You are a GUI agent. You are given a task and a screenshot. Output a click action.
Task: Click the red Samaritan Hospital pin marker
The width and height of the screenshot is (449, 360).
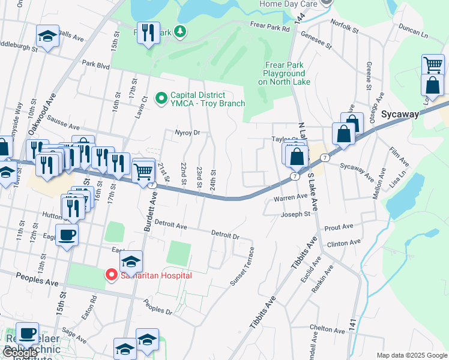111,275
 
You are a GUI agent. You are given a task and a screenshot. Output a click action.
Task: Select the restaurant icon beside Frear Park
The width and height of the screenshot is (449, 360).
148,34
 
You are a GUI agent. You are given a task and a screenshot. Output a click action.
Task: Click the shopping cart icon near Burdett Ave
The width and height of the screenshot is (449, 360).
143,172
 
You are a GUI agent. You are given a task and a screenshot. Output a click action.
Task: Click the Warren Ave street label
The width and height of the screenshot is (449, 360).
291,197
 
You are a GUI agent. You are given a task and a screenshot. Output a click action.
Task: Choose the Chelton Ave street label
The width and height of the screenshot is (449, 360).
327,328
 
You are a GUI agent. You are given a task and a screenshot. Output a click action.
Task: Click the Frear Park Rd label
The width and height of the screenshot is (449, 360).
270,26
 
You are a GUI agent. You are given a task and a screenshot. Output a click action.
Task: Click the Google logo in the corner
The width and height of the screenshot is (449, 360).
19,353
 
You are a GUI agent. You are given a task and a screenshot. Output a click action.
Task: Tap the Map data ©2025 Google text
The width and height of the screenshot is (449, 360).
411,355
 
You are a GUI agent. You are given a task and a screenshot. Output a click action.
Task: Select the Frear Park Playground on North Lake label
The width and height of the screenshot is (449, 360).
285,73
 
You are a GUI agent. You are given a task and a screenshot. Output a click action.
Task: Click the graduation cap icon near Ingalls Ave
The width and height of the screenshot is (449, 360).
47,37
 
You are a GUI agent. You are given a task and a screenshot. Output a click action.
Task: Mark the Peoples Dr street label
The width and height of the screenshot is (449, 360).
158,307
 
